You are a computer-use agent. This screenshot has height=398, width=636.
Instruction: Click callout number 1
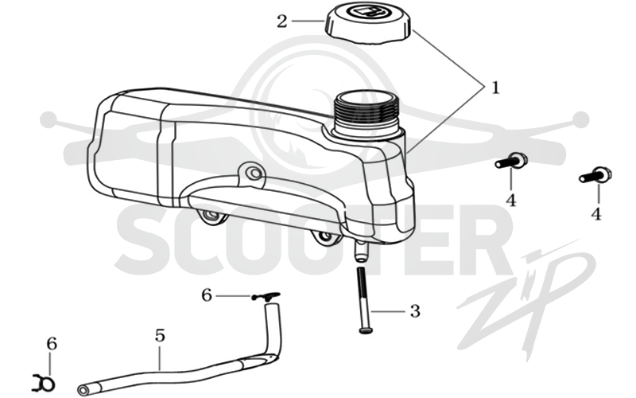pos(495,88)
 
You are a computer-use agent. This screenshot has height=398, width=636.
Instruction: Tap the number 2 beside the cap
pos(282,21)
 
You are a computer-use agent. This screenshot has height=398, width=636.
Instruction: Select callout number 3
pos(415,311)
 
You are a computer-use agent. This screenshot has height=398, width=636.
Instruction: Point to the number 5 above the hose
pos(161,336)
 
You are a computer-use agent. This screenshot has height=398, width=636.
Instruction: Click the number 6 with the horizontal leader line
pos(207,295)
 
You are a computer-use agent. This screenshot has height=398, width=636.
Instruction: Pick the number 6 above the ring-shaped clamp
pos(52,344)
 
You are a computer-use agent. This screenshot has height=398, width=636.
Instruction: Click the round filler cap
pos(368,21)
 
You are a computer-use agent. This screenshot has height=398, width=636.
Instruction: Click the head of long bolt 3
pos(366,330)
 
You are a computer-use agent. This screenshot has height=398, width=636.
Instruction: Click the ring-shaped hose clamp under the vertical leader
pos(44,382)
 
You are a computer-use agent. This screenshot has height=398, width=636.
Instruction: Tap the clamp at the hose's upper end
pos(266,296)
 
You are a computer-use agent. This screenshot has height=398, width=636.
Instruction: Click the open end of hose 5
pos(83,388)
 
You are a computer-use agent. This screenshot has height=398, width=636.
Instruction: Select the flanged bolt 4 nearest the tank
pos(511,161)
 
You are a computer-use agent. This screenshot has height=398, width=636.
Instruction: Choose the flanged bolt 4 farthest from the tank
pos(595,175)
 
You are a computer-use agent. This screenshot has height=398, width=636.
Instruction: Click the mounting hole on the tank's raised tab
pos(255,174)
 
